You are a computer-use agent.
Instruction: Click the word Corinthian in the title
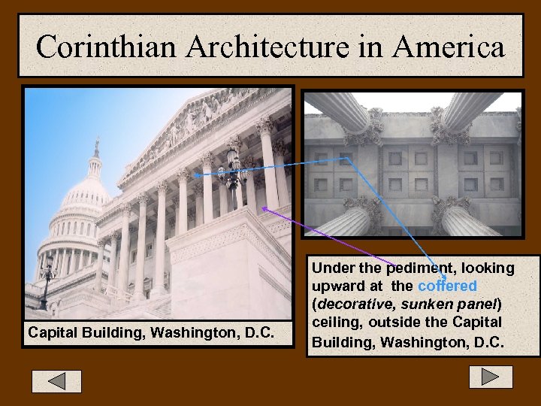tap(106, 47)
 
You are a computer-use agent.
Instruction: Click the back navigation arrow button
tap(56, 380)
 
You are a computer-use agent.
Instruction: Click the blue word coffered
tap(447, 286)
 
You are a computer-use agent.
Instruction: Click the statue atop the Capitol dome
tap(96, 147)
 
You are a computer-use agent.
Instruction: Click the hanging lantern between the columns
tap(234, 169)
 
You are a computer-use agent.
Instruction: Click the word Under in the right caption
tap(330, 268)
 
